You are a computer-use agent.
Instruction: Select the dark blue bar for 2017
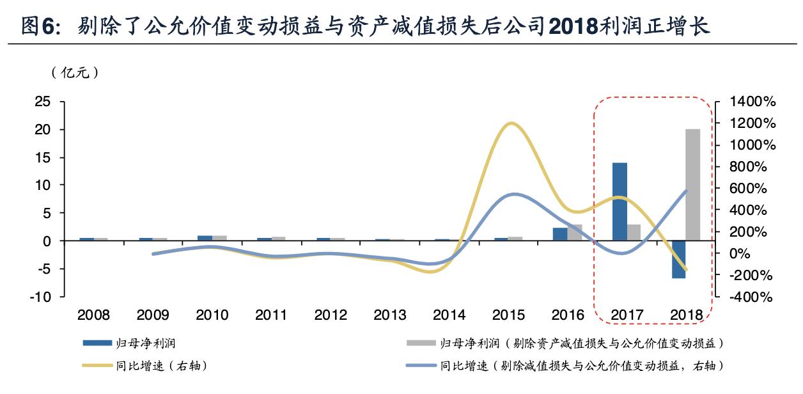tap(620, 201)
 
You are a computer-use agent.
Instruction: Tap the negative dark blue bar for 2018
tap(678, 259)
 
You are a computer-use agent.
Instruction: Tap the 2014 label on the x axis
tap(449, 315)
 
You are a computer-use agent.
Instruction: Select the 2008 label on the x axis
tap(93, 315)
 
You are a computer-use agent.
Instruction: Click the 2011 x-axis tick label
tap(271, 315)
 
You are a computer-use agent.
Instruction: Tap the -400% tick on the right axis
tap(753, 297)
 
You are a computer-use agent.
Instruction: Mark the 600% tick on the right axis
tap(753, 189)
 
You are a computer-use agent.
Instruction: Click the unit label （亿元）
tap(75, 73)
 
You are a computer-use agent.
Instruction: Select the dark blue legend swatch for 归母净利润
tap(95, 343)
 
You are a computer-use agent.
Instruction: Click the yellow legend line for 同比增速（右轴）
tap(95, 366)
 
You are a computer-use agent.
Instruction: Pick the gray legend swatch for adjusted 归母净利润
tap(419, 343)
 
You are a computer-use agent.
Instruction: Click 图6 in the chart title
tap(40, 27)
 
